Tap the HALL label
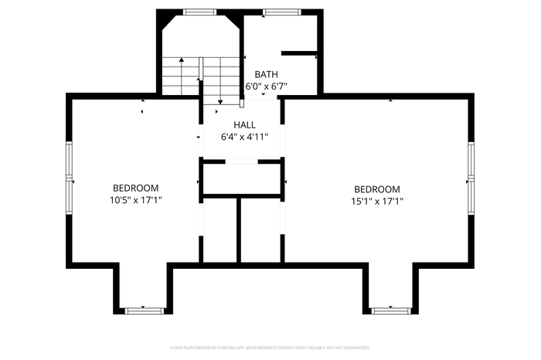pos(244,124)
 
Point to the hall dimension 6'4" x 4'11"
pos(244,137)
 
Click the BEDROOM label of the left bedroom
pos(135,188)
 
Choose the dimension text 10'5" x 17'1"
pos(135,200)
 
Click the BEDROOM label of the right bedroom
pos(376,189)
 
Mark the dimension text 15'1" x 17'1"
pos(376,201)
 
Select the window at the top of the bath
pos(274,12)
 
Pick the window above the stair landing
pos(199,12)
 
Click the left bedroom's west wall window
pos(70,179)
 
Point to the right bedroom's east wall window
pos(471,179)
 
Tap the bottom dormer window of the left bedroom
pos(145,311)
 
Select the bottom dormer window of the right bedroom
pos(390,311)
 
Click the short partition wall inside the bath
pos(299,53)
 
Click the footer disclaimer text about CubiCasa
pos(270,348)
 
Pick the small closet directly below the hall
pos(242,178)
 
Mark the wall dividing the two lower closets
pos(239,229)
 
